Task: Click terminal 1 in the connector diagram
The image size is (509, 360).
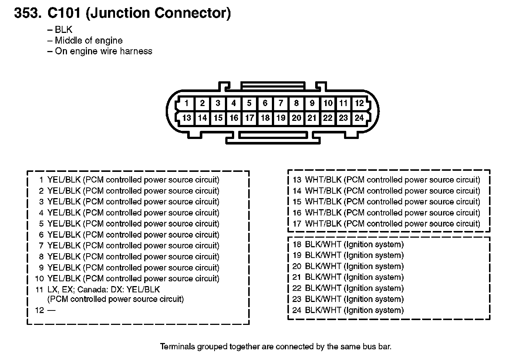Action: [x=186, y=103]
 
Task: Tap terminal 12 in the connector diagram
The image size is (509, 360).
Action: [x=359, y=103]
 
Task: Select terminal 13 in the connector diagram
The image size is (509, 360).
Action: [x=187, y=118]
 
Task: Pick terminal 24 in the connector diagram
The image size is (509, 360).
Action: [x=359, y=118]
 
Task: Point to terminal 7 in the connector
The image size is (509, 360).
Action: [x=281, y=103]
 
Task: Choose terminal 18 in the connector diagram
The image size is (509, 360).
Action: [x=265, y=118]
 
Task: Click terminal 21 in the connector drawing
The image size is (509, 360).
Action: [x=312, y=118]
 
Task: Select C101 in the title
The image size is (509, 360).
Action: [x=64, y=13]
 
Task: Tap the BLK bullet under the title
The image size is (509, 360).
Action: [x=64, y=30]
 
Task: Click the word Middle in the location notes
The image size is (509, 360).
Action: [x=68, y=40]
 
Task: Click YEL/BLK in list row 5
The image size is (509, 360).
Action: [x=64, y=224]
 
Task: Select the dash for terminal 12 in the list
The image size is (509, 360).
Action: [x=51, y=310]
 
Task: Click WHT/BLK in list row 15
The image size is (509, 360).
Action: [x=323, y=201]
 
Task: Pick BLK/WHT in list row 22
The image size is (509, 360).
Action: [x=323, y=288]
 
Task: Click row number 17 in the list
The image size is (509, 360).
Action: [x=297, y=224]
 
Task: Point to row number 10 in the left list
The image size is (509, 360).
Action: [x=39, y=279]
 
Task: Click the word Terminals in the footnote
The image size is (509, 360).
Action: [x=178, y=347]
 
